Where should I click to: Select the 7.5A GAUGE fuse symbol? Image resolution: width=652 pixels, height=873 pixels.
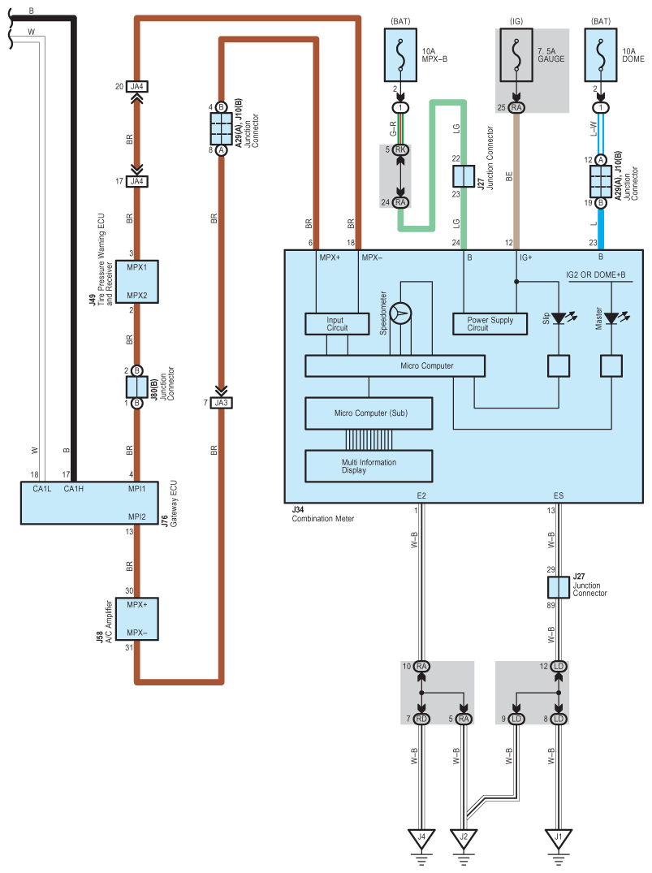coord(516,56)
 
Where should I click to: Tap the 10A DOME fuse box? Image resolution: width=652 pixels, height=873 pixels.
coord(601,56)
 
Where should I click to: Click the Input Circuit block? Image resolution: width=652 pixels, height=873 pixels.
coord(336,324)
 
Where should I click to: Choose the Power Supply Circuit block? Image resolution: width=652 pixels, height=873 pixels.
coord(490,324)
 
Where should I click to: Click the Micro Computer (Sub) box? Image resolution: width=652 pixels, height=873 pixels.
coord(370,413)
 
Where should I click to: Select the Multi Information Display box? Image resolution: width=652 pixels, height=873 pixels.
coord(370,465)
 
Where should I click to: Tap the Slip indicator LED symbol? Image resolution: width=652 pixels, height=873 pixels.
coord(559,319)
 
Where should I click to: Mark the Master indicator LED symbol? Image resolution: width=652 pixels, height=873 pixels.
coord(611,319)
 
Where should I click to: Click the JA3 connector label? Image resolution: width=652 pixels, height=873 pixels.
coord(221,402)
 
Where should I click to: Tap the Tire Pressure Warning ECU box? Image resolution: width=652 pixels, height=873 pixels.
coord(136,281)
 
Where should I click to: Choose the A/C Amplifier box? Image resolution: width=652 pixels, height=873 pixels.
coord(136,620)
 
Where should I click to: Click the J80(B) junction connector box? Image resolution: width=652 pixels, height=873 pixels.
coord(136,386)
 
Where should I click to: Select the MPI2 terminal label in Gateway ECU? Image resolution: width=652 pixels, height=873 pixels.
coord(136,516)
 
